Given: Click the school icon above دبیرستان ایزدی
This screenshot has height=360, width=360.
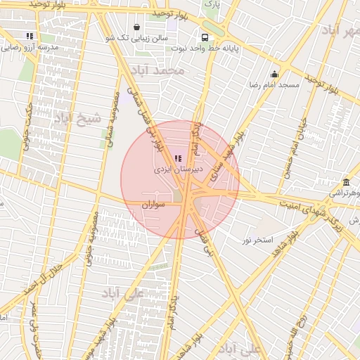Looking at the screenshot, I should pyautogui.click(x=176, y=158).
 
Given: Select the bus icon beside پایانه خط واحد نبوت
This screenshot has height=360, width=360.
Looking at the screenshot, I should pyautogui.click(x=205, y=38).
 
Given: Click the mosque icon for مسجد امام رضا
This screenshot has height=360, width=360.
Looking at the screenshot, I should pyautogui.click(x=274, y=75).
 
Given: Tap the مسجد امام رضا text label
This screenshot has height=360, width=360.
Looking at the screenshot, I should pyautogui.click(x=274, y=85).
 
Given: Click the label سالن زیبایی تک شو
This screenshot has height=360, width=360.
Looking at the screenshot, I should pyautogui.click(x=144, y=38).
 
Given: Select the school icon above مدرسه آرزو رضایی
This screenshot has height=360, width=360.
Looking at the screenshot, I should pyautogui.click(x=30, y=35).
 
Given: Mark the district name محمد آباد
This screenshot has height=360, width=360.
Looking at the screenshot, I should pyautogui.click(x=161, y=71).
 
